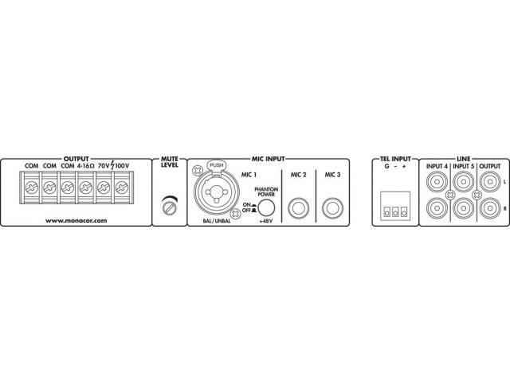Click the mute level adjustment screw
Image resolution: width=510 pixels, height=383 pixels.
coord(170,207)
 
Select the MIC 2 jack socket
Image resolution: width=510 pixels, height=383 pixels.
coord(298,208)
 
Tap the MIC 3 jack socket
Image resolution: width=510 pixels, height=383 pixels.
coord(332,208)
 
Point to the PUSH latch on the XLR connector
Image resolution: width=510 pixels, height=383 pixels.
coord(217,165)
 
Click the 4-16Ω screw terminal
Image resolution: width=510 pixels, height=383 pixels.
coord(85,188)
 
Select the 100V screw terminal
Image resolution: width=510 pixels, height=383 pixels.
coord(122,188)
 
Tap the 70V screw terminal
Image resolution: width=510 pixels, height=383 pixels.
coord(104,188)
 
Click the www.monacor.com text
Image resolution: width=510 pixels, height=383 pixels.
coord(76,220)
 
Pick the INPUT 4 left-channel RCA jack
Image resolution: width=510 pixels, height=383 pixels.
coord(437,181)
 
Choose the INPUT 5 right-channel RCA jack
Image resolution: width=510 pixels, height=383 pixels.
coord(463,208)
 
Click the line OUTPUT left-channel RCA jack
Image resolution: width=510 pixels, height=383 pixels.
coord(490,181)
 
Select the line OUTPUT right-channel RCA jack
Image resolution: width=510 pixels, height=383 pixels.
coord(490,208)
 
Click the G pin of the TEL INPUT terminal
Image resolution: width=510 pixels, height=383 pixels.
coord(387,213)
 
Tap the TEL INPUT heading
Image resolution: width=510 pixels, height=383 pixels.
coord(395,159)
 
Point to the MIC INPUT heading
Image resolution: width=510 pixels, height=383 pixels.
coord(269,159)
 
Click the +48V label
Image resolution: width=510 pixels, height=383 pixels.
coord(266,221)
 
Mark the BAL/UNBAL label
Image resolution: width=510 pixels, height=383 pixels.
coord(217,221)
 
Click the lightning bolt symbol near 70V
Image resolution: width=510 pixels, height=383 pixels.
coord(112,165)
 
